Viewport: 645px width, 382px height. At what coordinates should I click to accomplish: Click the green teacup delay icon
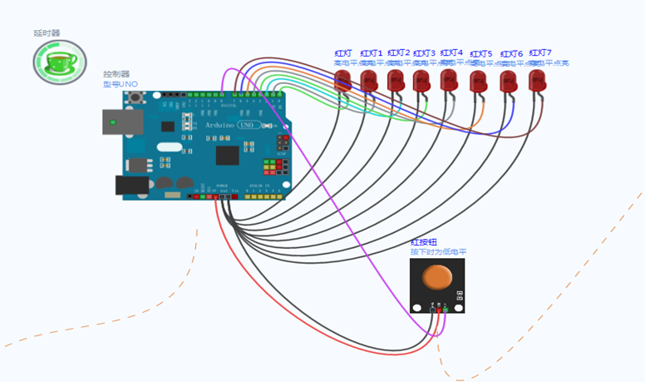58,62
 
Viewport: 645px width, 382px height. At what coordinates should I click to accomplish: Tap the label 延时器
47,33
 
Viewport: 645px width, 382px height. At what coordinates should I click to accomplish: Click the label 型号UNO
120,84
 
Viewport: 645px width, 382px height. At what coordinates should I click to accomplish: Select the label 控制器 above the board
116,74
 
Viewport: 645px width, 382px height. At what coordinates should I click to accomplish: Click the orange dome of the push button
437,278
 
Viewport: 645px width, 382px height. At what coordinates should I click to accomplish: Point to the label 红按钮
424,241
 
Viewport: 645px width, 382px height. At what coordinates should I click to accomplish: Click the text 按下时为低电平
438,251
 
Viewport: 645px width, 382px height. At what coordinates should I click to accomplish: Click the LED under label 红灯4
450,81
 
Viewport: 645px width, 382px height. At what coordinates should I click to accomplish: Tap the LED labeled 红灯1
369,81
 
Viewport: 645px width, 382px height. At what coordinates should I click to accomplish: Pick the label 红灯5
480,54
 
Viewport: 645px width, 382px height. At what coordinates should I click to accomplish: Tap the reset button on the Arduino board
135,98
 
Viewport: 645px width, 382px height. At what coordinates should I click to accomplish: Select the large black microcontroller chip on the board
227,155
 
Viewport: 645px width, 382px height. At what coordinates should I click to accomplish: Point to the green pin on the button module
446,310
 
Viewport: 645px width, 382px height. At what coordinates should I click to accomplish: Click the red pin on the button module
439,310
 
